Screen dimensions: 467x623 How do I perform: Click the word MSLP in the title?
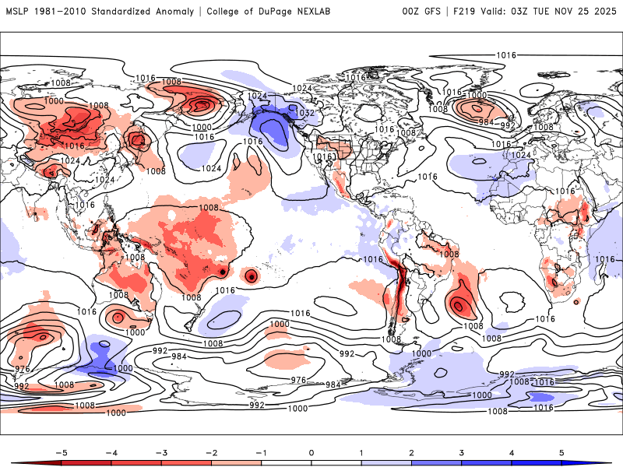[19, 12]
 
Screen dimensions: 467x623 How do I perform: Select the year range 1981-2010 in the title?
[67, 12]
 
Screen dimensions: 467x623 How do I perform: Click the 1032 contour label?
[305, 113]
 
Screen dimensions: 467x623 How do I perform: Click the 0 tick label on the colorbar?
[311, 452]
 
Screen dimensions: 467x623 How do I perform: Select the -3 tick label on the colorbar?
[160, 452]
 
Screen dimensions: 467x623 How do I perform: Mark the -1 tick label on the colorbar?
[261, 452]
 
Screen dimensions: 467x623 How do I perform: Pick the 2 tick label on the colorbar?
[412, 452]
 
